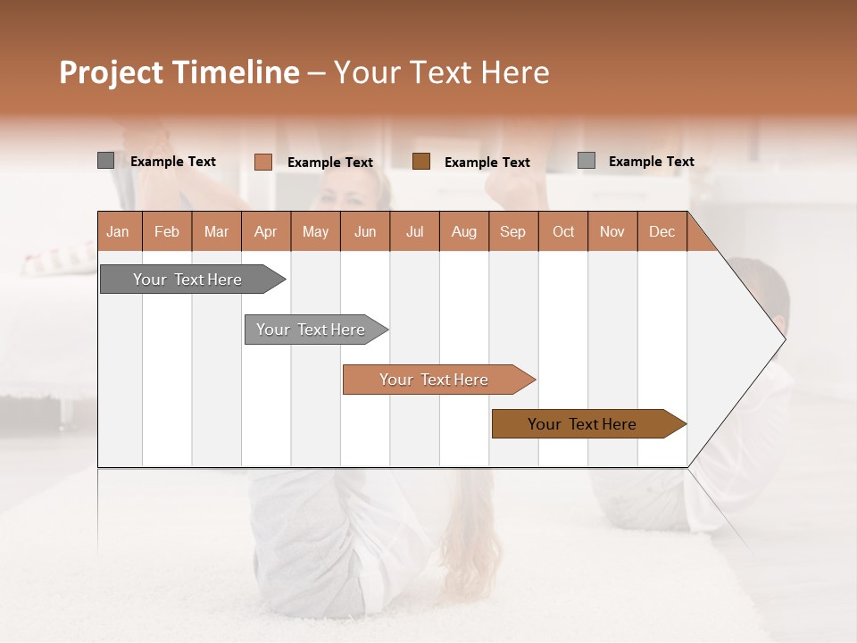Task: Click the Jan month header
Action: point(118,231)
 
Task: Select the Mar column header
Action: point(216,231)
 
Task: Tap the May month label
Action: point(315,231)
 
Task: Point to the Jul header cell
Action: point(414,231)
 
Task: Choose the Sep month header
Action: point(512,231)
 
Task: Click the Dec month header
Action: point(661,231)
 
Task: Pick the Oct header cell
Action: point(563,231)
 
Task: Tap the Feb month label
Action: point(167,231)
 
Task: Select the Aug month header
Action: point(463,231)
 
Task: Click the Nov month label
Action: point(612,231)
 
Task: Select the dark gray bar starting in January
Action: point(187,280)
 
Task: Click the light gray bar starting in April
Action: point(311,330)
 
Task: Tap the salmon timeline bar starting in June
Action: point(434,380)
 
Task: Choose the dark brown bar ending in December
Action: point(582,424)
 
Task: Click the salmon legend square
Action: point(262,162)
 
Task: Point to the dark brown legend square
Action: point(421,162)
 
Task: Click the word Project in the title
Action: point(112,72)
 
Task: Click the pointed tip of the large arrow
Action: point(784,339)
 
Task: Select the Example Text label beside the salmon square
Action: point(330,163)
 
